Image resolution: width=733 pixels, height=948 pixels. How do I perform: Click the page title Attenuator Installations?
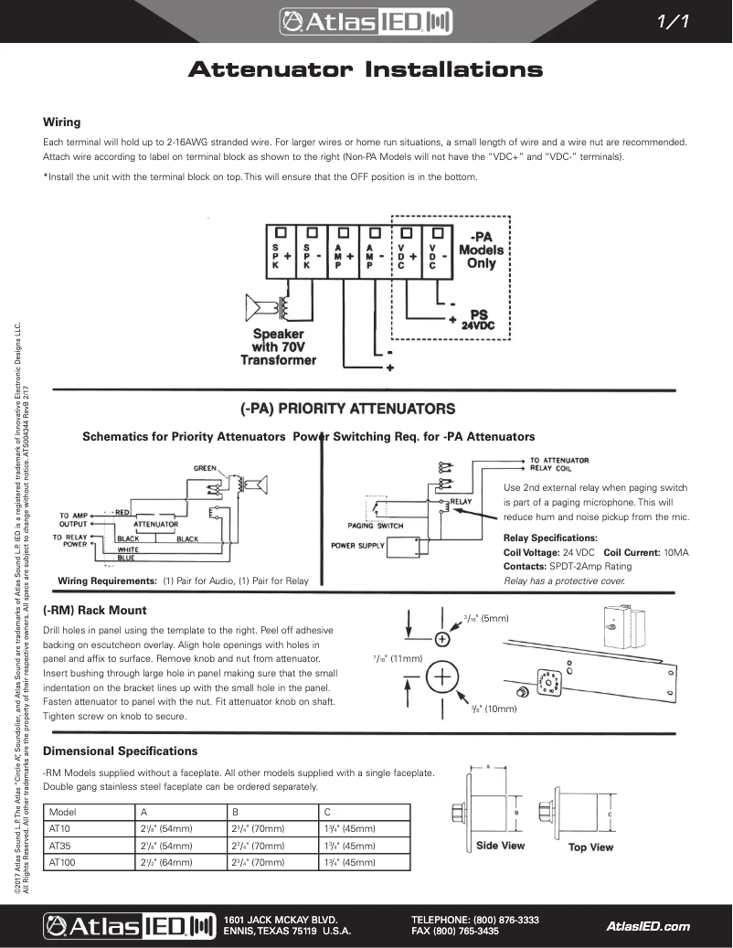coord(366,70)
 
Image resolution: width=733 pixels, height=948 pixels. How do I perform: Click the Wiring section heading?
coord(62,122)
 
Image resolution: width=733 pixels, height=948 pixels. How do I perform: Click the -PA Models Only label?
coord(482,249)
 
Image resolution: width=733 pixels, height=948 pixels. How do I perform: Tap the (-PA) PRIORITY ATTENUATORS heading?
coord(346,408)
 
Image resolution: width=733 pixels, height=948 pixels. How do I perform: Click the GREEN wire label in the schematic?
coord(205,468)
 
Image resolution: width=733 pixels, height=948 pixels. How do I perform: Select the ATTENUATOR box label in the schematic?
coord(156,524)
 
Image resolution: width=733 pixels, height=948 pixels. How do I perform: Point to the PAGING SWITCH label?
coord(376,526)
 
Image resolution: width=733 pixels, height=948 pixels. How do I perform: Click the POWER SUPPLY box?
coord(358,546)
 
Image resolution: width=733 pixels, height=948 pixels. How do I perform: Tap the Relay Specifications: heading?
coord(550,538)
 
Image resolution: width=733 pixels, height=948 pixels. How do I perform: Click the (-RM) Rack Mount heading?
coord(95,610)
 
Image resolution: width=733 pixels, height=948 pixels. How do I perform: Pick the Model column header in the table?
coord(62,812)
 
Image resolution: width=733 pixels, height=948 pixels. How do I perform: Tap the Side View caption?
coord(500,846)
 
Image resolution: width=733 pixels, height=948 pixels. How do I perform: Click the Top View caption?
coord(590,847)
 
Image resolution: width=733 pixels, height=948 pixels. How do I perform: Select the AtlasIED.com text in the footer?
coord(648,926)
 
